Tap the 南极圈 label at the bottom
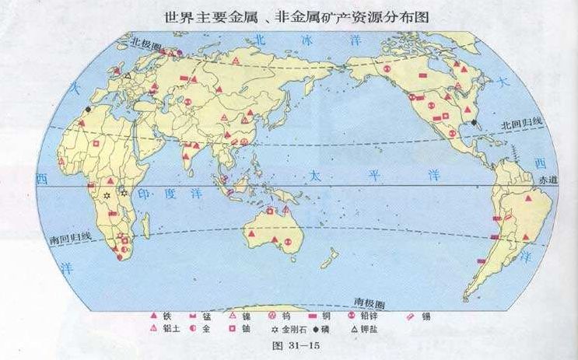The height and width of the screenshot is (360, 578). pos(370,301)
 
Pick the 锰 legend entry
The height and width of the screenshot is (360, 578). pos(202,316)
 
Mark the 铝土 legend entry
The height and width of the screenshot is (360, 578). pos(163,329)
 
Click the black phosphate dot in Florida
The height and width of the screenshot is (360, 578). pos(473,122)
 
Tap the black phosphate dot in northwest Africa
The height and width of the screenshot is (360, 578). pos(88,109)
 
